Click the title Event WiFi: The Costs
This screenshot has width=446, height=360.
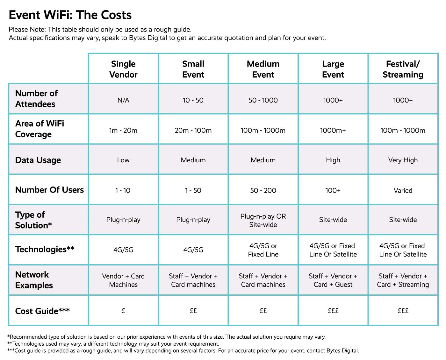[x=70, y=15]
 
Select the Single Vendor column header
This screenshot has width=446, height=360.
[x=123, y=69]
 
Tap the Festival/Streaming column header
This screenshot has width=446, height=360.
[x=403, y=69]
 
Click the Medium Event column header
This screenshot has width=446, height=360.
[x=263, y=69]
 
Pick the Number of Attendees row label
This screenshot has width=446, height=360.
[x=36, y=99]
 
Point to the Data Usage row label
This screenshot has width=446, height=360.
[x=38, y=160]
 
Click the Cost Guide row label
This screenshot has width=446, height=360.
[x=42, y=311]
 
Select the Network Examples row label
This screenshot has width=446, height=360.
[x=34, y=280]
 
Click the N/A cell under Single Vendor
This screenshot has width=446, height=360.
[x=123, y=100]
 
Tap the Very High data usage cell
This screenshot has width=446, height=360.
[x=403, y=160]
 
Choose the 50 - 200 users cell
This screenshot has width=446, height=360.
[x=263, y=190]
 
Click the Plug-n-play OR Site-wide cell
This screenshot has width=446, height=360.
[x=263, y=220]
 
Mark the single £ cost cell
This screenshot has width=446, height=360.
[x=123, y=311]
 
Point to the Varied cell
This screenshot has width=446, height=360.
[x=403, y=190]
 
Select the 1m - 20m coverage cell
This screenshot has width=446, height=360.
[x=123, y=130]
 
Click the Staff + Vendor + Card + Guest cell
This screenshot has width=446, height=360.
[x=333, y=280]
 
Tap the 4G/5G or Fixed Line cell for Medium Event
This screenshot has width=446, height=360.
[x=263, y=250]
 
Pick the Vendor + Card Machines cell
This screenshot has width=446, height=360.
[x=123, y=280]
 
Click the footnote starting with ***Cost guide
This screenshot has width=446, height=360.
[x=183, y=351]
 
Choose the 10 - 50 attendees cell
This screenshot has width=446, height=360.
[x=193, y=100]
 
